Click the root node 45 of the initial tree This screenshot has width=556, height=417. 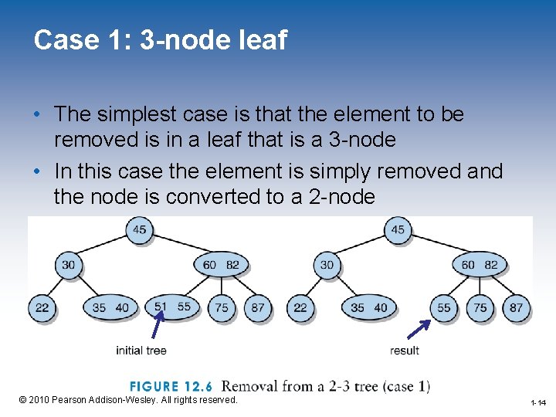tap(139, 229)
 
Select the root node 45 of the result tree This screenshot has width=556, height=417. tap(398, 229)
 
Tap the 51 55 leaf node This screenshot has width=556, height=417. tap(171, 307)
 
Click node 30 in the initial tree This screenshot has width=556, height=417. tap(69, 265)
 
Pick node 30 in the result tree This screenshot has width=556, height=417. tap(327, 265)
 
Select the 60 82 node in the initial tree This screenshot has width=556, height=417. tap(221, 265)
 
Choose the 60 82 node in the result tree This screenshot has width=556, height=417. tap(480, 265)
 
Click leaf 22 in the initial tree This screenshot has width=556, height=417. tap(42, 307)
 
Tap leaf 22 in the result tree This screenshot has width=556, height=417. tap(300, 307)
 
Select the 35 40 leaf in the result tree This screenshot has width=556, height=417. tap(368, 307)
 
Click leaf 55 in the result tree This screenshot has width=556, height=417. tap(444, 307)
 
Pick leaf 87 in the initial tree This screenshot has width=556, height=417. tap(258, 307)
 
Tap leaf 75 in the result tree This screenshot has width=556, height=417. tap(480, 307)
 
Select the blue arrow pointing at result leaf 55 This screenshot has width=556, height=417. tap(419, 329)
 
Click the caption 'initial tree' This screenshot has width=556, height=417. tap(141, 351)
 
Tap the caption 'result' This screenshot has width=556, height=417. tap(405, 351)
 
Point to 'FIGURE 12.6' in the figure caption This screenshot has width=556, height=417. tap(177, 386)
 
